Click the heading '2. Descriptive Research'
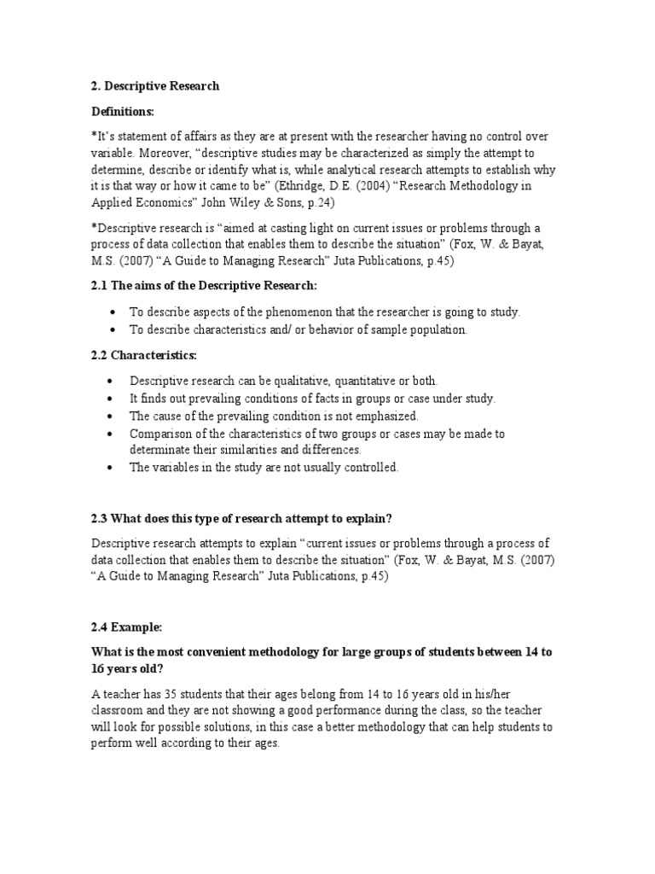154,86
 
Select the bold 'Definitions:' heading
124,112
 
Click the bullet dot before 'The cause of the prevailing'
111,417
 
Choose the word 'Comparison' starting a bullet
161,434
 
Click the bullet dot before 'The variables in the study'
111,468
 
